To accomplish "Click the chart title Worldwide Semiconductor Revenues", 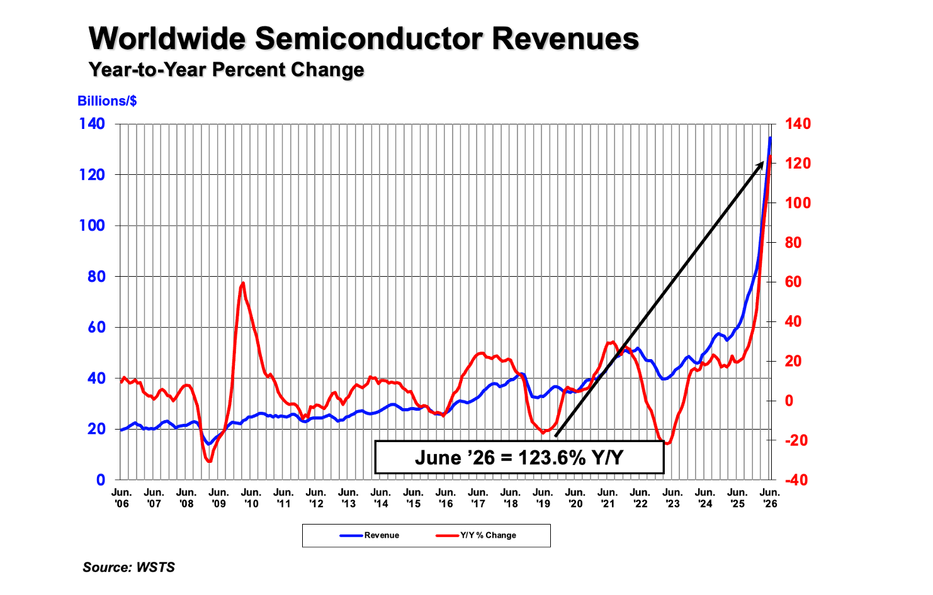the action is (x=364, y=39).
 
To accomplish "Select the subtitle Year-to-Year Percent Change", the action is (x=226, y=69).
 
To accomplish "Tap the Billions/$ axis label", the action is (x=107, y=101).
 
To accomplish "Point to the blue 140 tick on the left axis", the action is (x=92, y=123).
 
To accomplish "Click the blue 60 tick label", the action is (x=96, y=327).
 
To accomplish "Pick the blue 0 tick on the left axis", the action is (x=100, y=480).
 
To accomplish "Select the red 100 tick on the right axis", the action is (x=798, y=203).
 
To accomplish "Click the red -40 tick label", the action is (x=796, y=480).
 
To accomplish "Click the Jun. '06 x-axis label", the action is (x=122, y=498).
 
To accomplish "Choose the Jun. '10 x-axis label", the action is (x=251, y=498).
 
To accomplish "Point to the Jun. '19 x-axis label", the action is (x=543, y=498).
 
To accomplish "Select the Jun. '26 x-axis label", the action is (x=770, y=498).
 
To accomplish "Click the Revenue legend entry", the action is (x=370, y=535).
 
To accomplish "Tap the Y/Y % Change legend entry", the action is (x=476, y=535).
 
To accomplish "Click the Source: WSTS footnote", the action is (x=128, y=567).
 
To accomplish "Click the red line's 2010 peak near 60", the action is (x=243, y=284).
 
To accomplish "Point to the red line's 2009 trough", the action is (x=210, y=461).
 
